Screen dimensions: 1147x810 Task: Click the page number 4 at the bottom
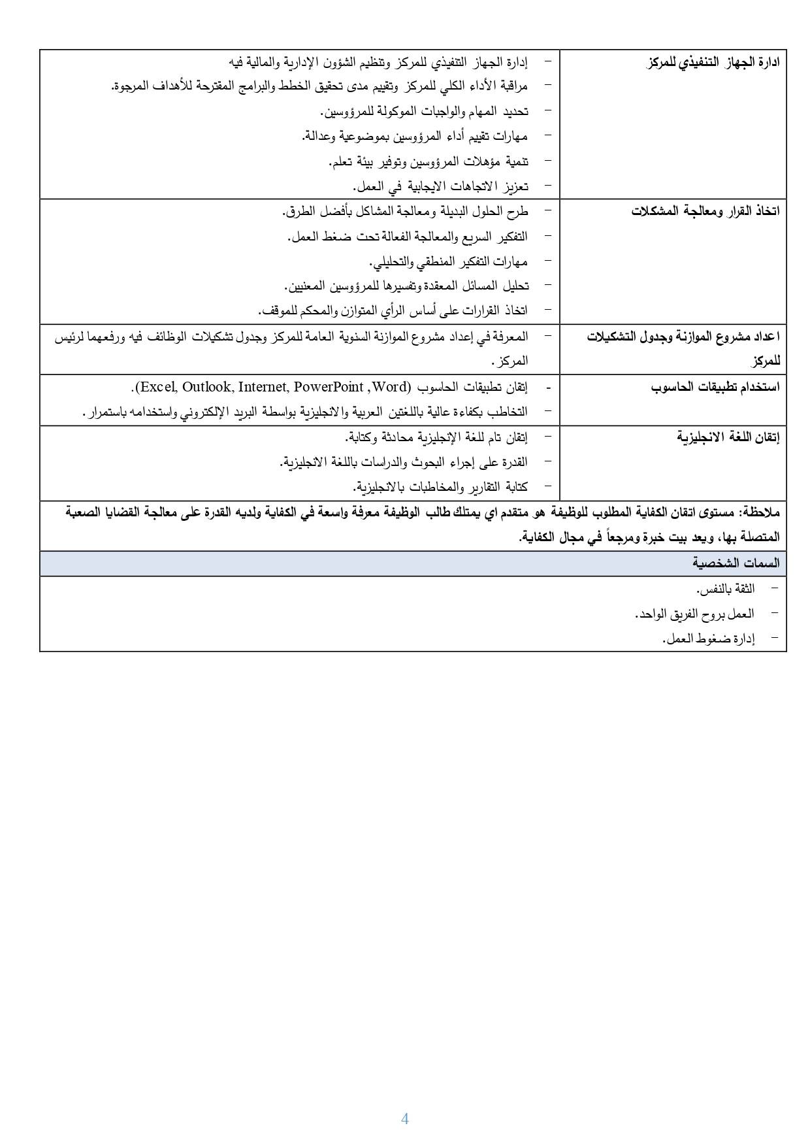[x=404, y=1119]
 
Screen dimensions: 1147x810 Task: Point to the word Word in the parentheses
[x=390, y=387]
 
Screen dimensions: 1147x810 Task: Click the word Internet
[x=263, y=387]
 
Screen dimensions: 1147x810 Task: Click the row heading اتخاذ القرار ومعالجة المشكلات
[x=705, y=212]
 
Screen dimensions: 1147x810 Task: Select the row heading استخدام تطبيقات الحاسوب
[x=715, y=387]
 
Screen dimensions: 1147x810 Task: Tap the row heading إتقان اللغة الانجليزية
[x=728, y=437]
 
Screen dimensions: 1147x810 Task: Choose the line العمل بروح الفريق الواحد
[x=694, y=614]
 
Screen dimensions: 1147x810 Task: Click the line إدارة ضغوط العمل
[x=708, y=639]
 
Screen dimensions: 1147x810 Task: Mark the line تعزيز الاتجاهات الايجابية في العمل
[x=440, y=186]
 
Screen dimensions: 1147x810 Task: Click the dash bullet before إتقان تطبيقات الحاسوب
[x=548, y=388]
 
